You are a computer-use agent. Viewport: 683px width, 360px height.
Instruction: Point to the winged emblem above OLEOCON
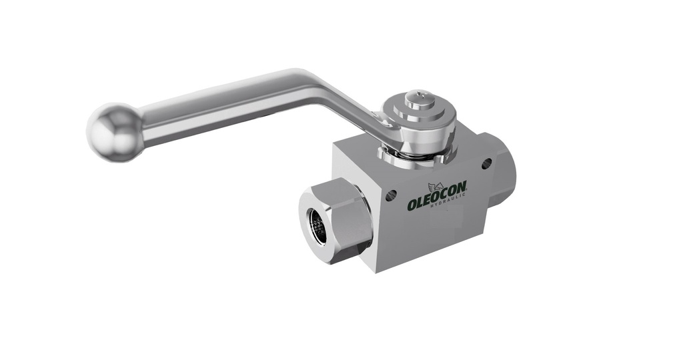(x=438, y=186)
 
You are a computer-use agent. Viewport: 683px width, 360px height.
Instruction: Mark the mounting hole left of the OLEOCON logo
(x=391, y=195)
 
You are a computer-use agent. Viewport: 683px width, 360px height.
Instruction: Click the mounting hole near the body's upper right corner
(x=486, y=163)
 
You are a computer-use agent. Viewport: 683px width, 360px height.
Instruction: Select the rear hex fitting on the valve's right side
(x=500, y=170)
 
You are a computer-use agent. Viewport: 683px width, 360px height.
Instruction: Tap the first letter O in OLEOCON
(x=414, y=205)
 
